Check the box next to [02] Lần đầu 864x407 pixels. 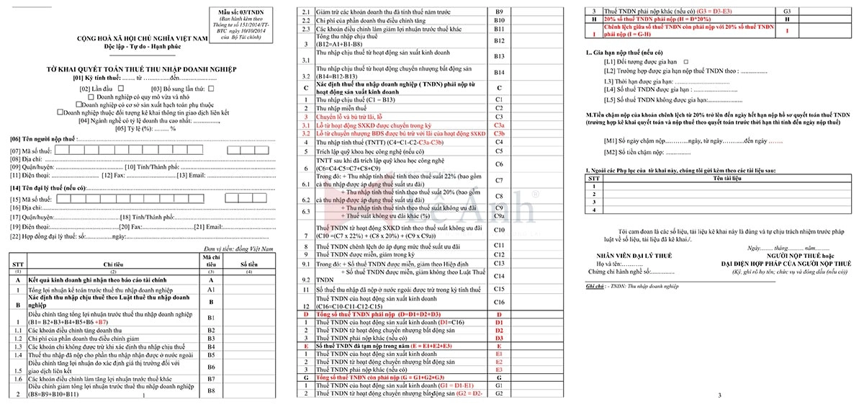(120, 88)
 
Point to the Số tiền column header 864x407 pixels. (248, 264)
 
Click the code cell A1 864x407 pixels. (211, 289)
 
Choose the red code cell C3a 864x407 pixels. (499, 125)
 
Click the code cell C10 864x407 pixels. (499, 230)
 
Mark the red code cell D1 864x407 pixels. (499, 322)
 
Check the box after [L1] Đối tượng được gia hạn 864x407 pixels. (685, 62)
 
